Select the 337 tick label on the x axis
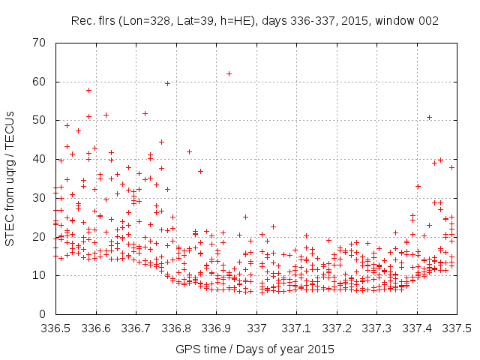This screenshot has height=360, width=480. (x=256, y=328)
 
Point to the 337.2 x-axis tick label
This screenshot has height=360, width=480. (x=337, y=328)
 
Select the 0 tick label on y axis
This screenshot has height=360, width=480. (x=43, y=314)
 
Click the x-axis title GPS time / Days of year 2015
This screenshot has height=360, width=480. (x=256, y=349)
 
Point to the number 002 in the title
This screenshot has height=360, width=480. (x=428, y=20)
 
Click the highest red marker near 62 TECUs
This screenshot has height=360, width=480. (x=229, y=73)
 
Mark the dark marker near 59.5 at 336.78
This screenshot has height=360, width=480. (x=168, y=83)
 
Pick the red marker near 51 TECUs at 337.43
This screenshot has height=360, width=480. (x=429, y=117)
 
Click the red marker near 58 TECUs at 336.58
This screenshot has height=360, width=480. (x=88, y=90)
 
